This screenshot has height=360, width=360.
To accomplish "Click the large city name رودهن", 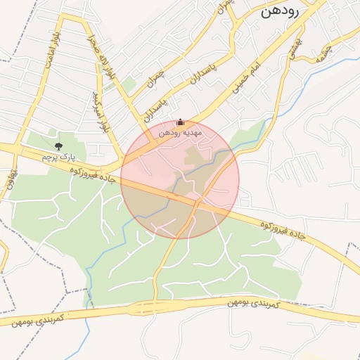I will [281, 12].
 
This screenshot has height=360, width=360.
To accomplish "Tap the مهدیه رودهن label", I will [179, 131].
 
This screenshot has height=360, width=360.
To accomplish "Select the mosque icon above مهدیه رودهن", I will [180, 122].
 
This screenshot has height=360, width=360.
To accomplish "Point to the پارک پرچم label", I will [58, 156].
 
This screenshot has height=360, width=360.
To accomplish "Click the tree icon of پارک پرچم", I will [58, 146].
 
